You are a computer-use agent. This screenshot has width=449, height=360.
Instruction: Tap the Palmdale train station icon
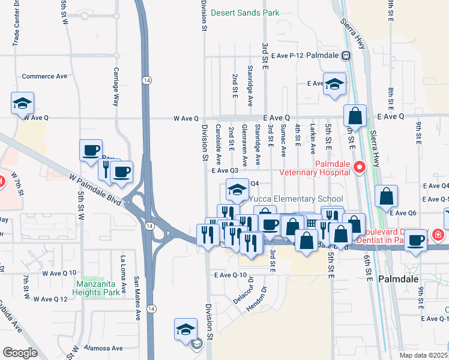(x=346, y=55)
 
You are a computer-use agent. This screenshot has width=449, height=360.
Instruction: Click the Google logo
(x=20, y=352)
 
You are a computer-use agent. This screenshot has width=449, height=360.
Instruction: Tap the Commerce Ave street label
(x=44, y=77)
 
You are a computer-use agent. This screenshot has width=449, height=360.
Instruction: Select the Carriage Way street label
(x=117, y=85)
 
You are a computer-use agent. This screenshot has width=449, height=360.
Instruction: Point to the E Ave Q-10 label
(x=231, y=275)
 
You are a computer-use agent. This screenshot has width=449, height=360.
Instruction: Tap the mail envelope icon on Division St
(x=196, y=344)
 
